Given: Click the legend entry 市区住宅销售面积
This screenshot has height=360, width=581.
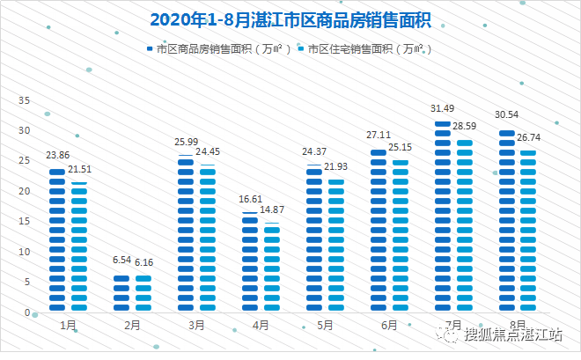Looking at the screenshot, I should [367, 49].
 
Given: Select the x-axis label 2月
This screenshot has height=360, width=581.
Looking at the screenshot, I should [133, 326].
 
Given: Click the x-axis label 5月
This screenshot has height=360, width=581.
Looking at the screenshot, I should [326, 326].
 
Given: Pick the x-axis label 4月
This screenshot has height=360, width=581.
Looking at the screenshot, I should [261, 326].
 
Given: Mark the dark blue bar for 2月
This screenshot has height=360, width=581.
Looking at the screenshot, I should [121, 293].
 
